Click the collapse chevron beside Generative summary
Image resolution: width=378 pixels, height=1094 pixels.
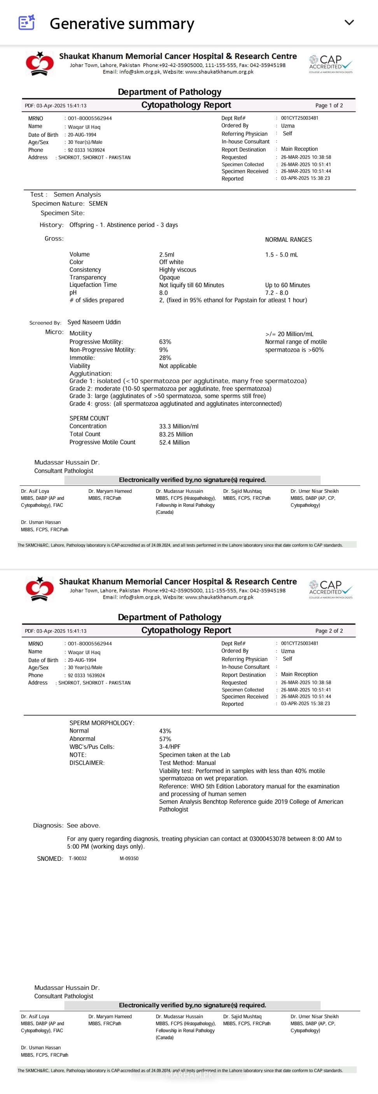coord(349,23)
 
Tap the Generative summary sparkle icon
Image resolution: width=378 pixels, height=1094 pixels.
coord(26,23)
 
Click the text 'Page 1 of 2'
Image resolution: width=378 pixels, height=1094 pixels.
coord(329,105)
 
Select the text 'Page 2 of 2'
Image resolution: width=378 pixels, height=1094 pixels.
coord(329,631)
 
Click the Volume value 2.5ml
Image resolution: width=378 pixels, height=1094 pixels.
coord(167,255)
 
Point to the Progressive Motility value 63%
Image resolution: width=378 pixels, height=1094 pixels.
coord(165,342)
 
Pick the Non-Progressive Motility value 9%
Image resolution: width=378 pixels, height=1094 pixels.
coord(163,350)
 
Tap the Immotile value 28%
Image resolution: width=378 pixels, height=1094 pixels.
coord(165,358)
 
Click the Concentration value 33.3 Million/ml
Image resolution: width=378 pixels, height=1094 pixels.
coord(178,426)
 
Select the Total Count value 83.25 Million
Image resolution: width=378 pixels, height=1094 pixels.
coord(176,434)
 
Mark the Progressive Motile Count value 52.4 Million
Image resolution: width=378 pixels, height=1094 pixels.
coord(174,443)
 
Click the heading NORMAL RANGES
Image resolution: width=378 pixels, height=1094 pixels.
coord(288,239)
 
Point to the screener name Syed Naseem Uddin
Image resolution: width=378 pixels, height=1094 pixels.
coord(94,322)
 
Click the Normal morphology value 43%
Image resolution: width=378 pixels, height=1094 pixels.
coord(165,731)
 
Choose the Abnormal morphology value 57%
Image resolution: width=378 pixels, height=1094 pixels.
coord(165,739)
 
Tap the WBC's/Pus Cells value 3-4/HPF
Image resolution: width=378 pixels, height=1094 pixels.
coord(170,747)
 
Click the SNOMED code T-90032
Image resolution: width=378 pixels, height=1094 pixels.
coord(77,858)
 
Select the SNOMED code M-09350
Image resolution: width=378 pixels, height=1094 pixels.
coord(129,858)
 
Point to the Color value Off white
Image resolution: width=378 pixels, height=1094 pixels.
coord(171,262)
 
